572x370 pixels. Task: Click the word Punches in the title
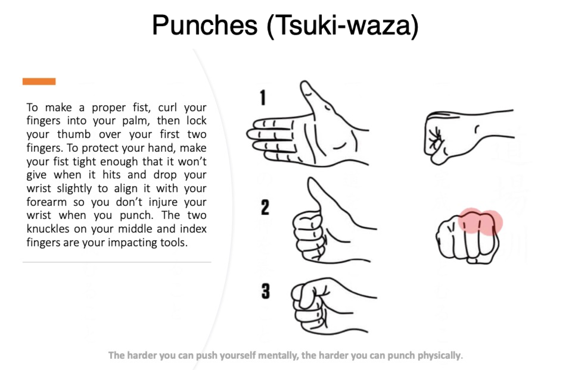tap(205, 25)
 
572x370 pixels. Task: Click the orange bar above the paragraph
tap(39, 81)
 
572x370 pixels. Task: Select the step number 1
tap(262, 98)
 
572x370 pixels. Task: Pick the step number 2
tap(265, 207)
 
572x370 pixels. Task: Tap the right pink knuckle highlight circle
tap(490, 223)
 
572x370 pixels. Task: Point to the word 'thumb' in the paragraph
tap(74, 134)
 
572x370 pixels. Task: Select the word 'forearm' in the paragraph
tap(46, 202)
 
